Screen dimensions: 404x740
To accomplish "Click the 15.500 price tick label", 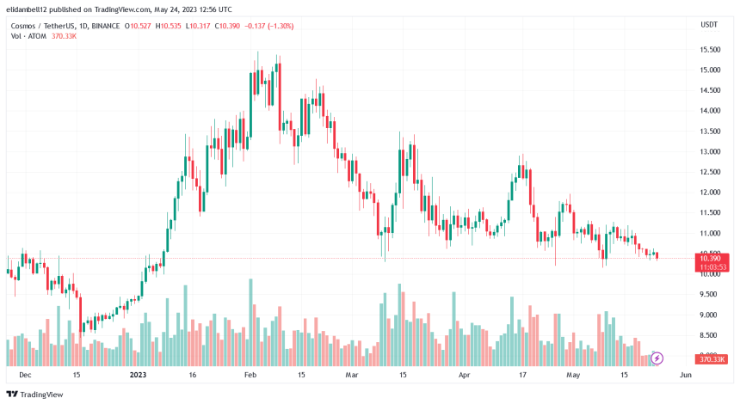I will [x=710, y=50].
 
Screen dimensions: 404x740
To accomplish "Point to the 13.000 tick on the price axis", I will [x=710, y=152].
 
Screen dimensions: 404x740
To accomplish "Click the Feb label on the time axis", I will [x=250, y=376].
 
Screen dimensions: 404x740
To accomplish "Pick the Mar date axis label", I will [x=351, y=376].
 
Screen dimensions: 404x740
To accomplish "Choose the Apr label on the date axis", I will [x=464, y=376].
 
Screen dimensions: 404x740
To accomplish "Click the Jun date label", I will [x=686, y=376].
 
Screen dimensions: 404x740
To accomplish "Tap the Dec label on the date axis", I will [x=25, y=376].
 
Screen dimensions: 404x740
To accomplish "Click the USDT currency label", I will [x=710, y=26].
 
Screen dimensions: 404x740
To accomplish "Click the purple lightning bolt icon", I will [x=657, y=358].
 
